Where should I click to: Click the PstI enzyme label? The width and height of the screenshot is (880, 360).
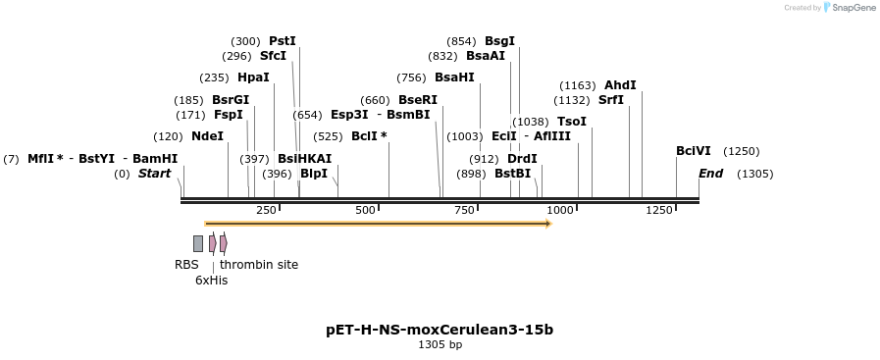(x=283, y=41)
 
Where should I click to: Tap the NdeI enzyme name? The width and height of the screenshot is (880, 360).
(x=207, y=136)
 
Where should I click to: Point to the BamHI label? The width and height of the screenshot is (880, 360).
(x=155, y=159)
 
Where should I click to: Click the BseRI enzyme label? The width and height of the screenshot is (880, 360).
(x=418, y=100)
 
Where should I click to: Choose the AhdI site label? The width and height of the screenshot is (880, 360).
(x=620, y=85)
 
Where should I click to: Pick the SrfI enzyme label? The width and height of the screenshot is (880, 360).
(x=611, y=100)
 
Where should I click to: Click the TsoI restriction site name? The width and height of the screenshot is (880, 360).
(x=571, y=122)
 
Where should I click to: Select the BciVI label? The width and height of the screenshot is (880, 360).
(x=694, y=151)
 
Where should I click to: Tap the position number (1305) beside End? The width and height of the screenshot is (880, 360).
(x=754, y=174)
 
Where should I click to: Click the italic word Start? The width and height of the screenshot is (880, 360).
(x=154, y=174)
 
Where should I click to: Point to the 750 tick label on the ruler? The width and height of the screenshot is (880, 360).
(x=464, y=210)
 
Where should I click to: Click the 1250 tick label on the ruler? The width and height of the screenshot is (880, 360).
(x=659, y=210)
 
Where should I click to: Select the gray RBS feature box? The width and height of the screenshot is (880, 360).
(x=198, y=243)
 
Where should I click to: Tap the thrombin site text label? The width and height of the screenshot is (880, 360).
(x=259, y=264)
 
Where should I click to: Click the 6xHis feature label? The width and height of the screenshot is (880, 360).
(x=212, y=281)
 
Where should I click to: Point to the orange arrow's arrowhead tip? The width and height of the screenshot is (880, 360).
(x=552, y=224)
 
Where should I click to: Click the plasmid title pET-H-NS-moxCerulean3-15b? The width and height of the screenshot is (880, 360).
(x=440, y=330)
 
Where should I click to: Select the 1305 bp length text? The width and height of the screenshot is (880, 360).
(x=440, y=345)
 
